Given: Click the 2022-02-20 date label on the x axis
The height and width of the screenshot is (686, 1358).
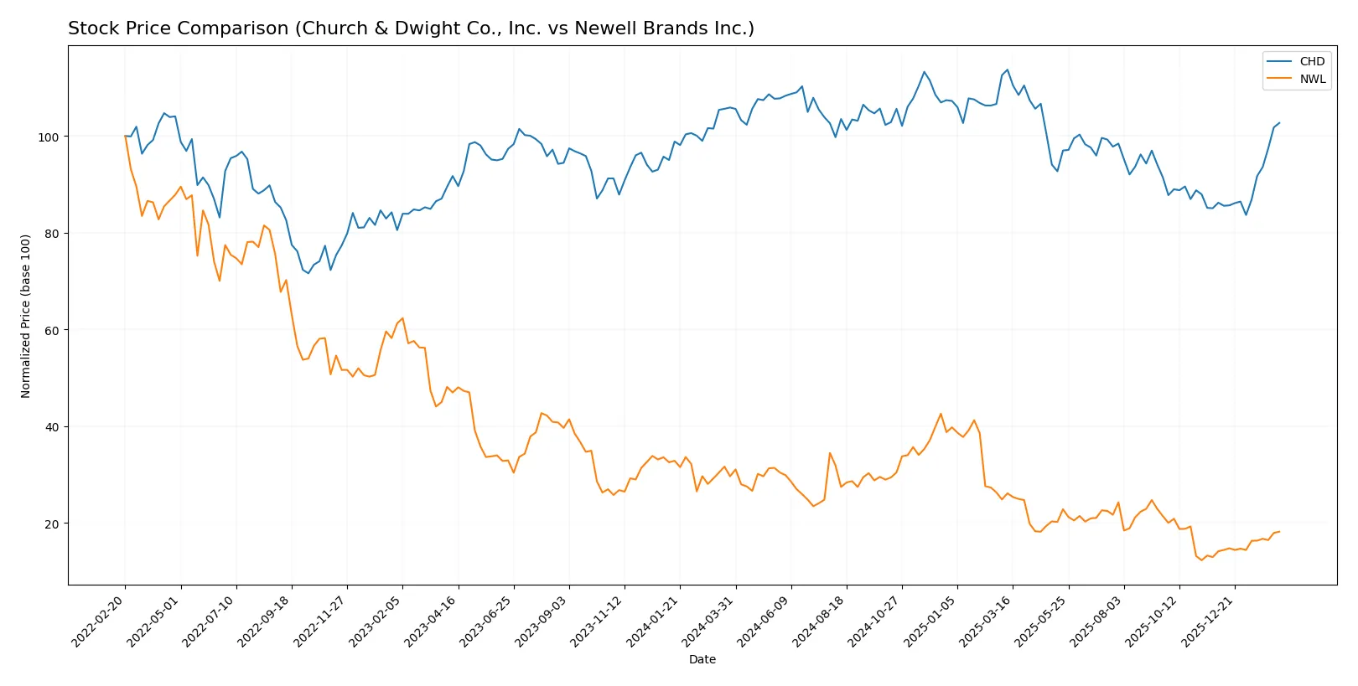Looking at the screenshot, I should click(100, 621).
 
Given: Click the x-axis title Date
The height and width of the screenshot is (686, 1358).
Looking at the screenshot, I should click(702, 659).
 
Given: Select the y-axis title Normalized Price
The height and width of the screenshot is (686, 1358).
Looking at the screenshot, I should click(26, 316).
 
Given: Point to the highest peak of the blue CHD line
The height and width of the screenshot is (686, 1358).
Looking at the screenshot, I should click(1007, 70).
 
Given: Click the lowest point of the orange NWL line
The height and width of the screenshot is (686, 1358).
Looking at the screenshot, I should click(1201, 560).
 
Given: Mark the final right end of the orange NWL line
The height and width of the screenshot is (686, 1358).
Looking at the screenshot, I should click(1279, 531).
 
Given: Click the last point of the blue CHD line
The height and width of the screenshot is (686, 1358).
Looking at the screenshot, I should click(1279, 123).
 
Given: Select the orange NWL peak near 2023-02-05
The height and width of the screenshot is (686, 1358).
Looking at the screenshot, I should click(402, 318).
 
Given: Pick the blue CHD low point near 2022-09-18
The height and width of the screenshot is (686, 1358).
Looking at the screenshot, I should click(308, 273).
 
